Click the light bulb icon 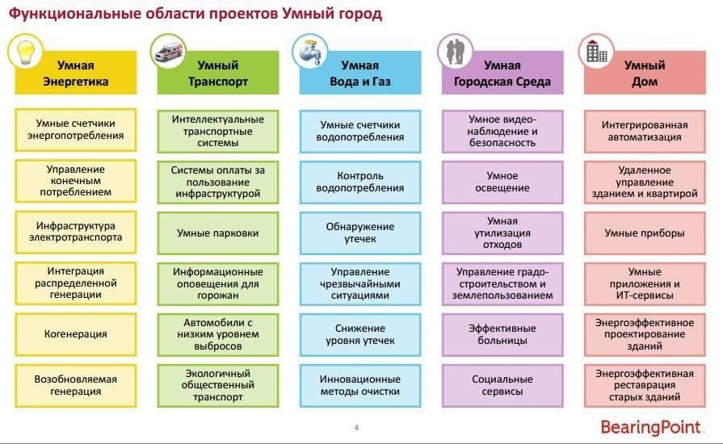25,52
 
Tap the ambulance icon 169,52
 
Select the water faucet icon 310,52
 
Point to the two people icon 455,52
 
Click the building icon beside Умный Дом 596,51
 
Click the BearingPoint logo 650,427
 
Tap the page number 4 356,427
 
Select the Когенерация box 76,334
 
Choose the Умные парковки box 217,233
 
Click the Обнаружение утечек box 360,233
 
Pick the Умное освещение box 502,182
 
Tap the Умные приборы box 645,233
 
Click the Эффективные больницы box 502,335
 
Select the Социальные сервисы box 502,386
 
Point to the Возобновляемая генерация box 76,386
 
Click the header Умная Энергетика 76,73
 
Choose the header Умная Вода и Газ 360,73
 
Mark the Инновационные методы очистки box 360,386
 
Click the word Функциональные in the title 74,14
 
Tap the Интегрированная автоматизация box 645,132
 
